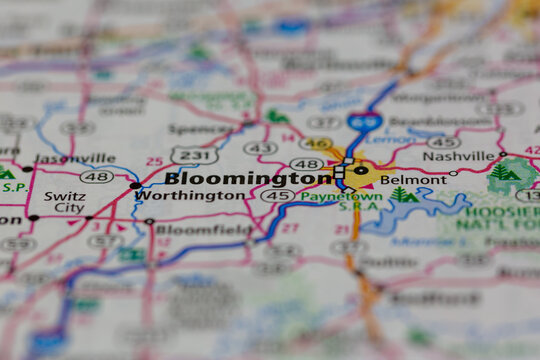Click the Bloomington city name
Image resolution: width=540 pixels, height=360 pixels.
pos(247,178)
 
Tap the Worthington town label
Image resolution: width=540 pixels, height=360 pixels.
pos(190,196)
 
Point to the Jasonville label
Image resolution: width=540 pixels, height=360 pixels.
pos(74,158)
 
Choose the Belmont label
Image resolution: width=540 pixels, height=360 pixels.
pos(413,180)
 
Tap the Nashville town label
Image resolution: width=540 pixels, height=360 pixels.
pos(458,156)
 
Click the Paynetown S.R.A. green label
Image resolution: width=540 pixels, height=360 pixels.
pos(327,200)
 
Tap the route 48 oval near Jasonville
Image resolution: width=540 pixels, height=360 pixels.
pos(97,177)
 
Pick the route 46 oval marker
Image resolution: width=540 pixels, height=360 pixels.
pos(316,143)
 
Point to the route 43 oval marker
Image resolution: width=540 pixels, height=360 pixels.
pos(260,148)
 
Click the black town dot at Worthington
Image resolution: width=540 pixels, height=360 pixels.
pos(135,186)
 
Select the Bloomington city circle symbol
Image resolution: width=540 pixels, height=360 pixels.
pos(361,171)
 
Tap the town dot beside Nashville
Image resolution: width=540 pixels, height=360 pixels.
pos(502,155)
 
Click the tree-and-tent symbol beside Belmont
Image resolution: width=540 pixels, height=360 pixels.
pos(403,195)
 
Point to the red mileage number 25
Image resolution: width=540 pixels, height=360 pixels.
pos(154,161)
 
